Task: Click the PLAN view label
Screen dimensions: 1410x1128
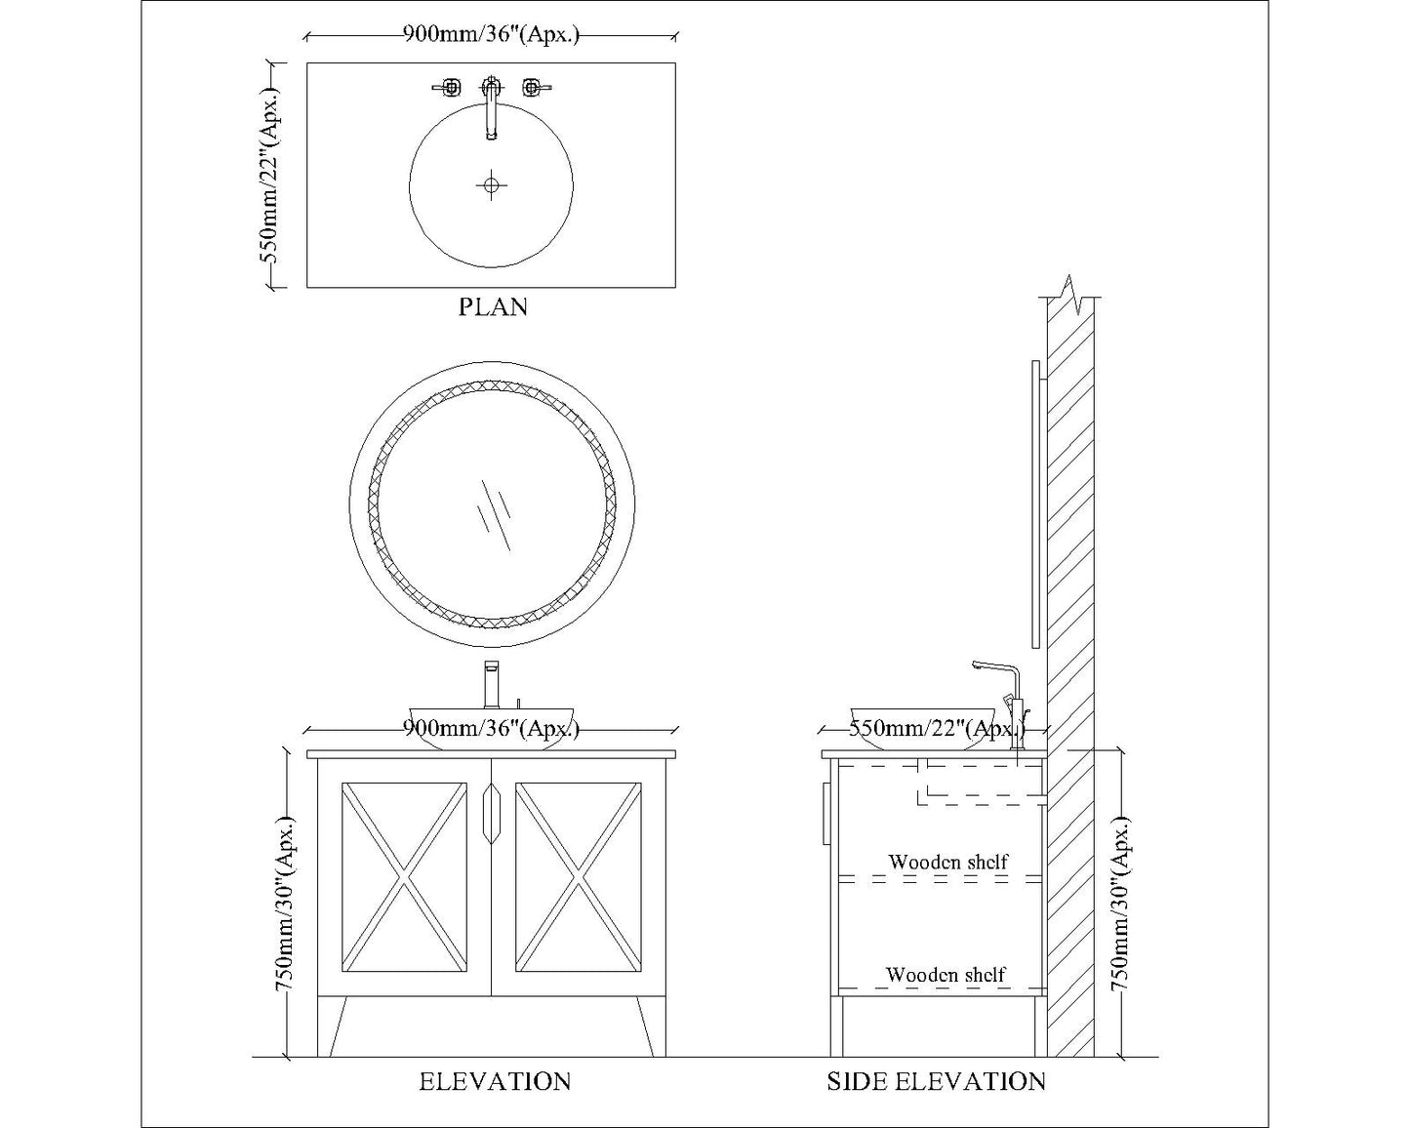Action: tap(493, 306)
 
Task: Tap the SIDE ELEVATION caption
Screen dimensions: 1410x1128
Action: tap(937, 1081)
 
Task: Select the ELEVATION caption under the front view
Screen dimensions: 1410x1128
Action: tap(495, 1081)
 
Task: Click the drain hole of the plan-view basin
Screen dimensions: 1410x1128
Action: tap(492, 185)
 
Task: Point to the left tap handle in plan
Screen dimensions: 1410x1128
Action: tap(448, 87)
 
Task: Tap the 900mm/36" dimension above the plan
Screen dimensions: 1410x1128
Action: tap(491, 33)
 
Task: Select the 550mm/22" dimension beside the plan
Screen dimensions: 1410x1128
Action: tap(270, 175)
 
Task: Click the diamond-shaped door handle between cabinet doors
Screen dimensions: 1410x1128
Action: tap(492, 813)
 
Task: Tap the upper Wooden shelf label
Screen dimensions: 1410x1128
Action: tap(947, 862)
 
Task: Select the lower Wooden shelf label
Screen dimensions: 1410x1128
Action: tap(945, 975)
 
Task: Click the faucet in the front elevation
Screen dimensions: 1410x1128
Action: tap(492, 684)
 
